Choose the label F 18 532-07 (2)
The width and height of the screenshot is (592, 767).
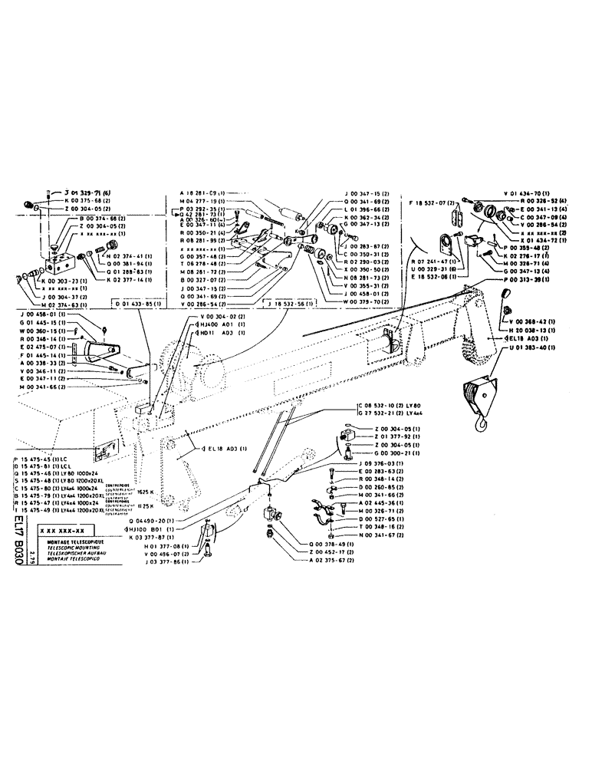pyautogui.click(x=434, y=204)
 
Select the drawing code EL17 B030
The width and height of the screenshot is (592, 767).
pyautogui.click(x=18, y=541)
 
